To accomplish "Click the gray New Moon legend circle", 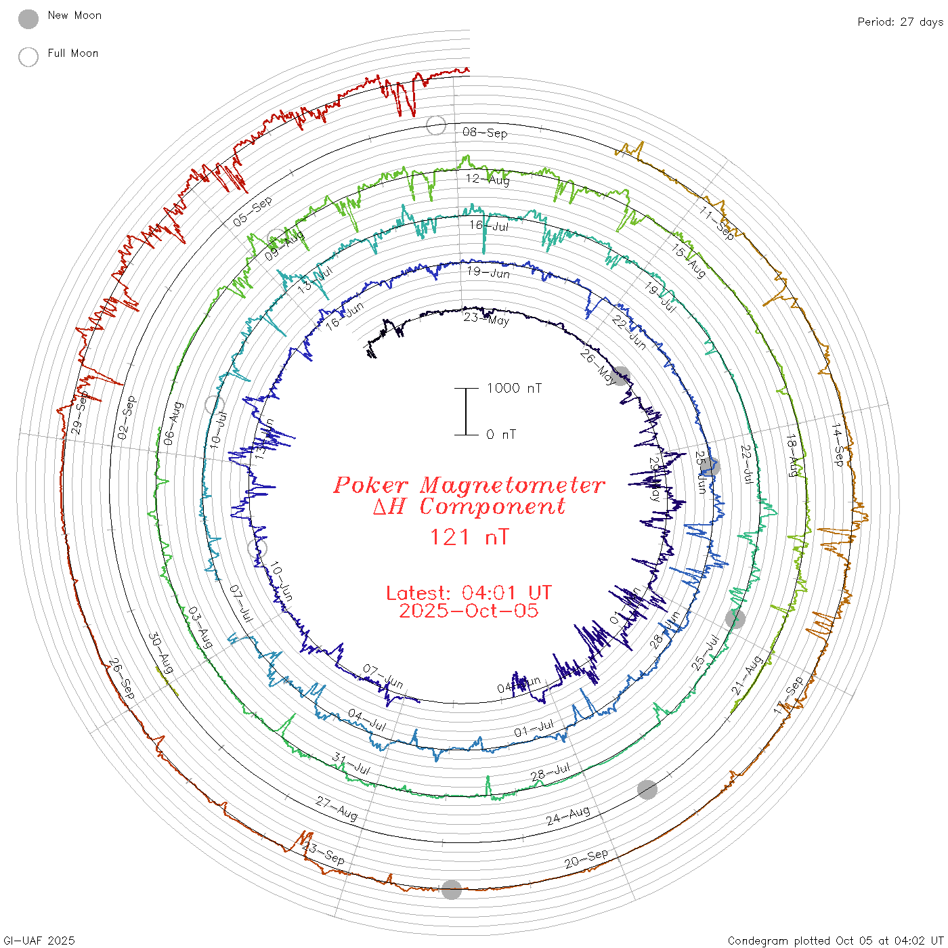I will tap(28, 19).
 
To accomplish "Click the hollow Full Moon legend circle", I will tap(28, 57).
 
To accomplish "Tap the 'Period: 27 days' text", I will tap(900, 22).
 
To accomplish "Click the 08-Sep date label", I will tap(485, 133).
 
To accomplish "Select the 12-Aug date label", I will tap(488, 179).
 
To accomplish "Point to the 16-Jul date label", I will tap(489, 225).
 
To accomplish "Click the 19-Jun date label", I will tap(488, 273).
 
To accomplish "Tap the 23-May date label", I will tap(486, 319).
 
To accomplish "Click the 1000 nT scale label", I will tap(514, 388).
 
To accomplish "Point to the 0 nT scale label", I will tap(501, 434).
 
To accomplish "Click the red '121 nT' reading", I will tap(469, 538).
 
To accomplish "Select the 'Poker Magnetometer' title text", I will tap(469, 485).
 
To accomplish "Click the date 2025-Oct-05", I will tap(469, 611).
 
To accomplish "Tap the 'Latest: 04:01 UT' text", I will tap(469, 592).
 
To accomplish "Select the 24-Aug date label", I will tap(568, 815).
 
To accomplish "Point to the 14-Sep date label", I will tap(838, 444).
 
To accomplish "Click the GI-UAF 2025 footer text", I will tap(39, 941).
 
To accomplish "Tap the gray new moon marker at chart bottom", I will tap(452, 890).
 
